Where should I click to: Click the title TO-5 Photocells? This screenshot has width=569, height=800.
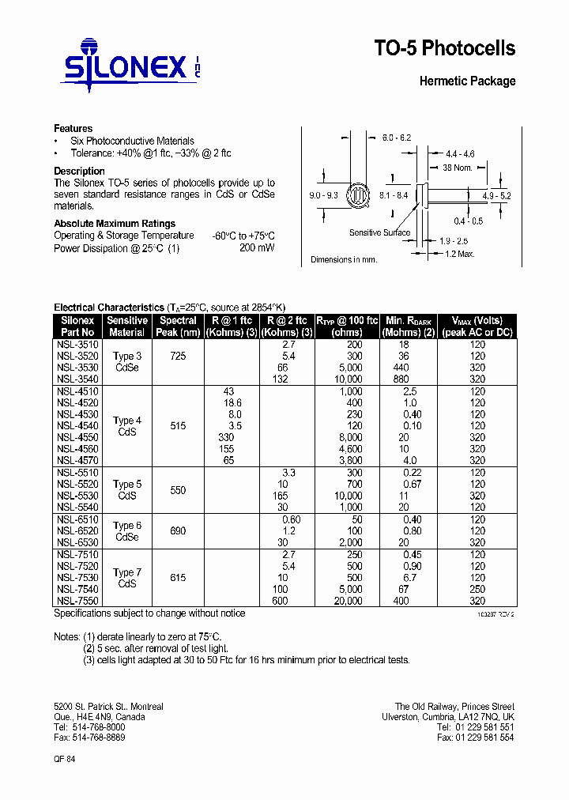444,49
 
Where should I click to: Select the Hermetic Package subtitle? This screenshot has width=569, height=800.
467,81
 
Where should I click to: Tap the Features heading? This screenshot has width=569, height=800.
73,128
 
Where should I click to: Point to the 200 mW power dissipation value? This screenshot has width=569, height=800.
257,247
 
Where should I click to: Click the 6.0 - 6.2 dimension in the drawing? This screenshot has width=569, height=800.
397,138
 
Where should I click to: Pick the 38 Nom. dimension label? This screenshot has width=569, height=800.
457,168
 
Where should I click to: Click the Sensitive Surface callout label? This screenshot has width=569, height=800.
379,232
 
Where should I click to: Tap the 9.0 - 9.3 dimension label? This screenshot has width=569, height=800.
323,194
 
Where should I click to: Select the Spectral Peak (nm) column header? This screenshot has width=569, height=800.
178,326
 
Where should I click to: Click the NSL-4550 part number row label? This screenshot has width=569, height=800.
77,437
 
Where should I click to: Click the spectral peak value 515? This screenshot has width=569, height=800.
178,426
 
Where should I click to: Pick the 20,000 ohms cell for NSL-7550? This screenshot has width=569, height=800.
348,601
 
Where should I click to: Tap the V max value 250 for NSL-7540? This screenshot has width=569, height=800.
477,590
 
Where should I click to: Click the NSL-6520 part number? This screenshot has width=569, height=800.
77,531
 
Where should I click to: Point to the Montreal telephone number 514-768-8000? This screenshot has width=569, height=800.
89,726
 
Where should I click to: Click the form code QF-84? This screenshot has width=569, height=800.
65,758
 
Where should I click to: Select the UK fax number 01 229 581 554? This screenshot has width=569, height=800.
475,737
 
